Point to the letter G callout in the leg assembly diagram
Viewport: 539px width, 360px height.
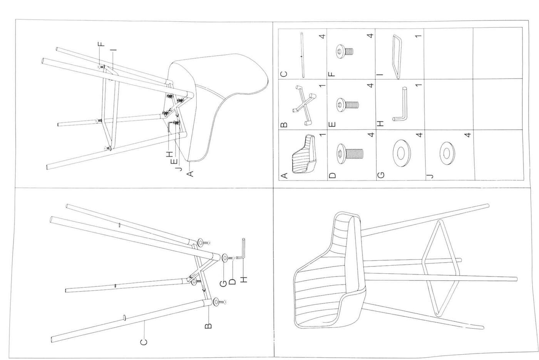[x=223, y=284]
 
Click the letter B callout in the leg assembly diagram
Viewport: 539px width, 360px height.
[x=208, y=326]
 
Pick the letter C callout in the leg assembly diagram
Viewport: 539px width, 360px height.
[x=143, y=342]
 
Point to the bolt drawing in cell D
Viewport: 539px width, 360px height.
[x=350, y=152]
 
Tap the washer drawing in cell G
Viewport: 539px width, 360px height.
[x=400, y=153]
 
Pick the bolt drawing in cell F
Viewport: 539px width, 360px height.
[x=345, y=51]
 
